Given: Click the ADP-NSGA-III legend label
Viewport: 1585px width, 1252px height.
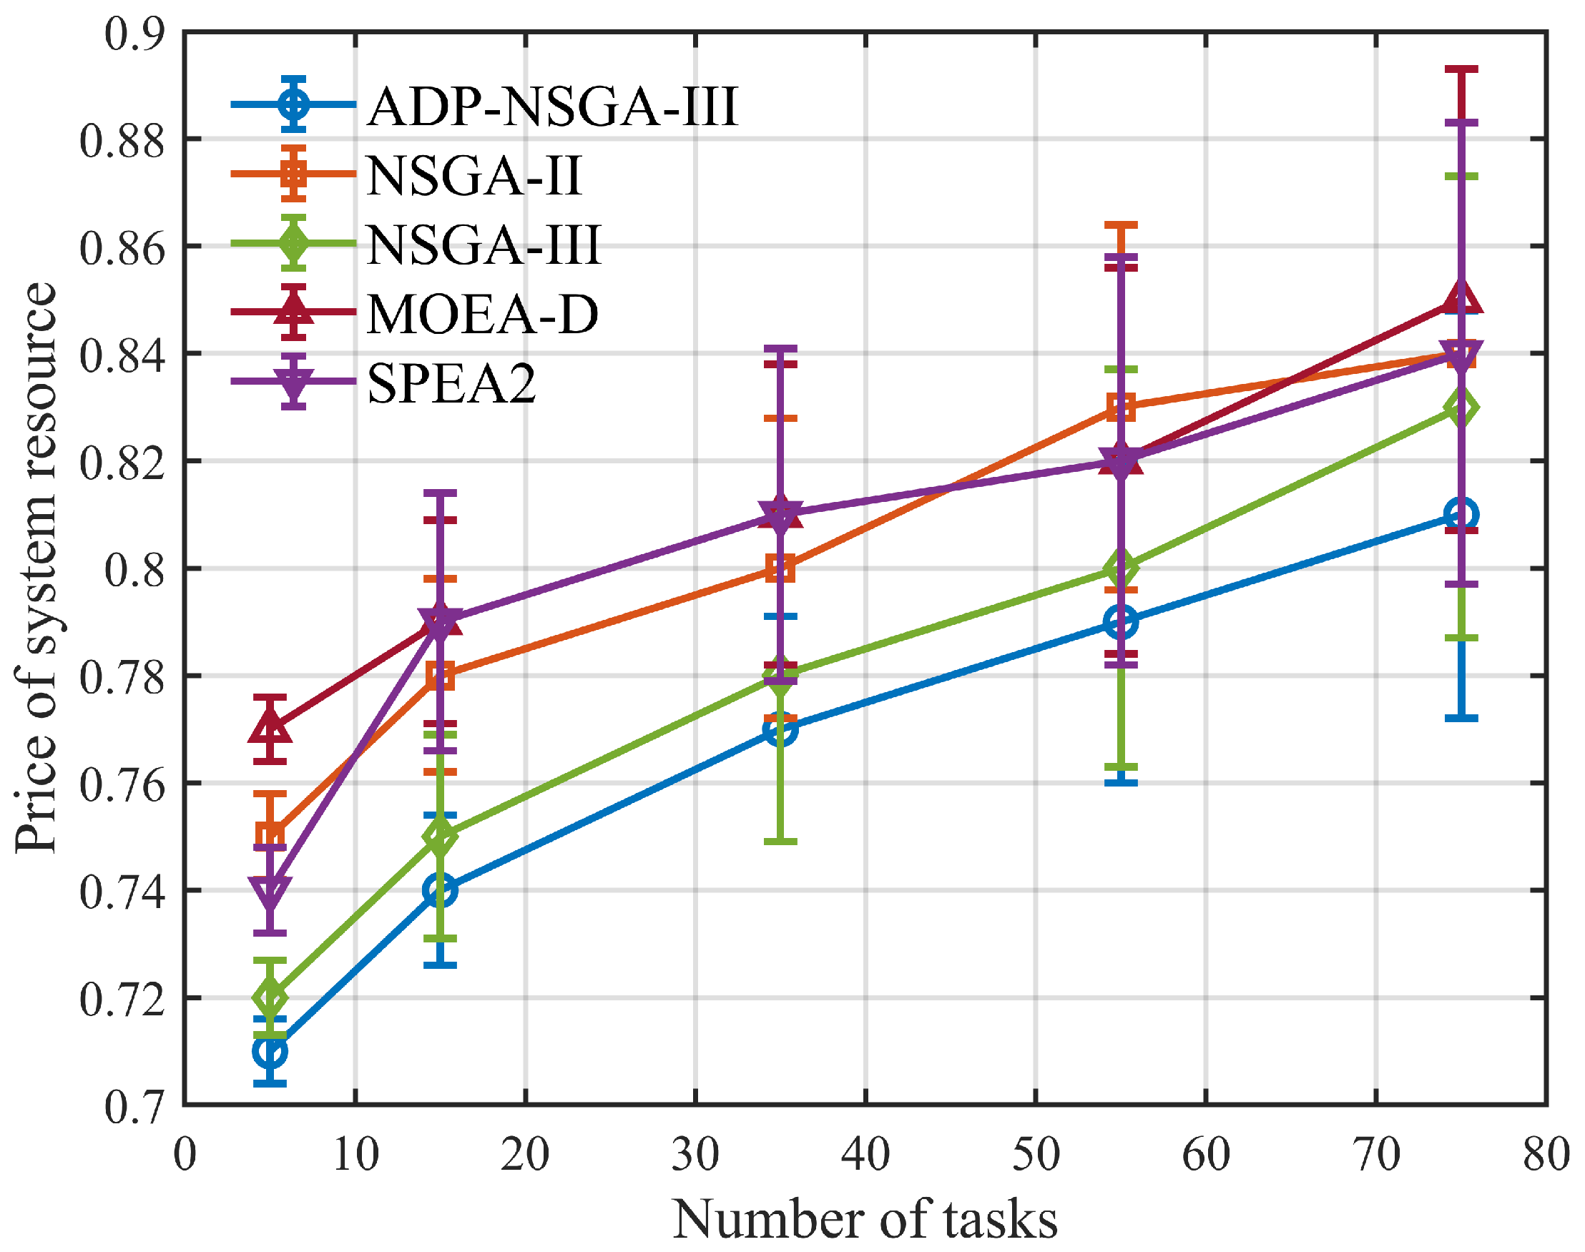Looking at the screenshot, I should (x=552, y=107).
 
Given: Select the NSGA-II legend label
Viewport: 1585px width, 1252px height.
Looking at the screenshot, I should (x=473, y=176).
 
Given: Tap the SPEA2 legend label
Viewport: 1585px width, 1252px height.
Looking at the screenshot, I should (x=451, y=383).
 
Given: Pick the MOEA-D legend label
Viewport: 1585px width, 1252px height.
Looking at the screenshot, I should (x=482, y=315).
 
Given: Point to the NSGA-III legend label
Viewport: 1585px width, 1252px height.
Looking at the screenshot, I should (x=484, y=245).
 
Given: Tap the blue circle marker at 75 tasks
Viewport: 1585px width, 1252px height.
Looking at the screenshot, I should (x=1461, y=514).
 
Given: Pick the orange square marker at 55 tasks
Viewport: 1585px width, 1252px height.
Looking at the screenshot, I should (x=1121, y=407).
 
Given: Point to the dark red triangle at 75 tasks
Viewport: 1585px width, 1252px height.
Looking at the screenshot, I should (x=1461, y=299).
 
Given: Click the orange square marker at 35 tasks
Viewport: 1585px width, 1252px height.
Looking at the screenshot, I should (x=780, y=568).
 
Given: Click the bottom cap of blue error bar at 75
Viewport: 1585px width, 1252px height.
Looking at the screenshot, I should (x=1461, y=718).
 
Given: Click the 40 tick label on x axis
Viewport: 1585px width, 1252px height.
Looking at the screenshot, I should (x=865, y=1154).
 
